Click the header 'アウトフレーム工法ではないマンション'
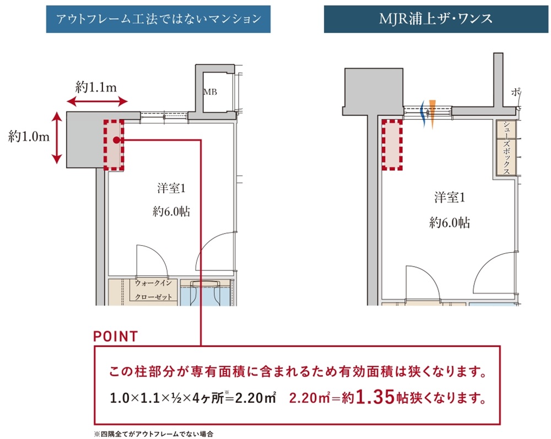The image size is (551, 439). click(x=158, y=19)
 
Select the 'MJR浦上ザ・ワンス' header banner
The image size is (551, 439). click(x=436, y=19)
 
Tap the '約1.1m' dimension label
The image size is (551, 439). click(x=96, y=86)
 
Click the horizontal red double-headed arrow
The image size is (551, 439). click(x=97, y=101)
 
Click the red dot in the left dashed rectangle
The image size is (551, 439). click(x=116, y=140)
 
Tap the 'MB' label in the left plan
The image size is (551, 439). click(x=210, y=92)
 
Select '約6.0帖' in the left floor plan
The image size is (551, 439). click(x=172, y=211)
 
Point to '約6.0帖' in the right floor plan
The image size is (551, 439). click(x=449, y=223)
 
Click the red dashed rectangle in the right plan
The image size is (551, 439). click(x=393, y=145)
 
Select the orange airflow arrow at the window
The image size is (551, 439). click(x=432, y=112)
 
